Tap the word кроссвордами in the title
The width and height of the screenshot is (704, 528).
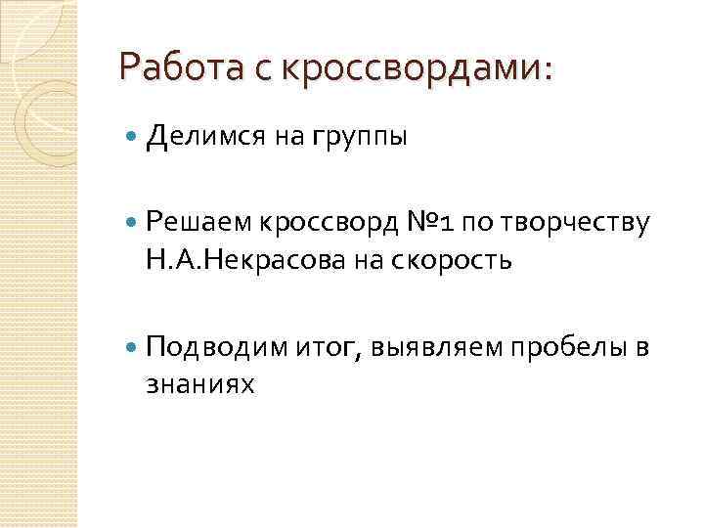(x=410, y=67)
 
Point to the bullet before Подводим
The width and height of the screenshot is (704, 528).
(x=134, y=347)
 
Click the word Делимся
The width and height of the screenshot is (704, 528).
(x=206, y=138)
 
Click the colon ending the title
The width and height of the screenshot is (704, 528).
(x=547, y=70)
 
